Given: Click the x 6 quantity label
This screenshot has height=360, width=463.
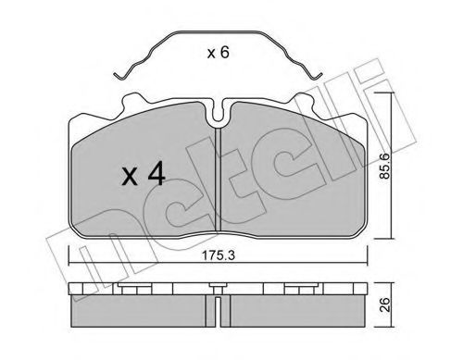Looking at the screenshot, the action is (x=219, y=53).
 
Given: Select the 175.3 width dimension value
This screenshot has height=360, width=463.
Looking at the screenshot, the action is (x=219, y=255).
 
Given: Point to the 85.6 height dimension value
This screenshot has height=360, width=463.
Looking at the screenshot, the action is (x=384, y=167).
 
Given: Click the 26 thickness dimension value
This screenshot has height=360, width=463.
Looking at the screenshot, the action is (x=385, y=304).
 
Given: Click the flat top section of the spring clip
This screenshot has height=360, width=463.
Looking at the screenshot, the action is (x=218, y=31).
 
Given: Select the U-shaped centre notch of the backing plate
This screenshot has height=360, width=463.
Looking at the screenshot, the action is (x=219, y=113).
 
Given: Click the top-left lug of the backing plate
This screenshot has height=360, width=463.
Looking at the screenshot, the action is (x=133, y=100).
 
